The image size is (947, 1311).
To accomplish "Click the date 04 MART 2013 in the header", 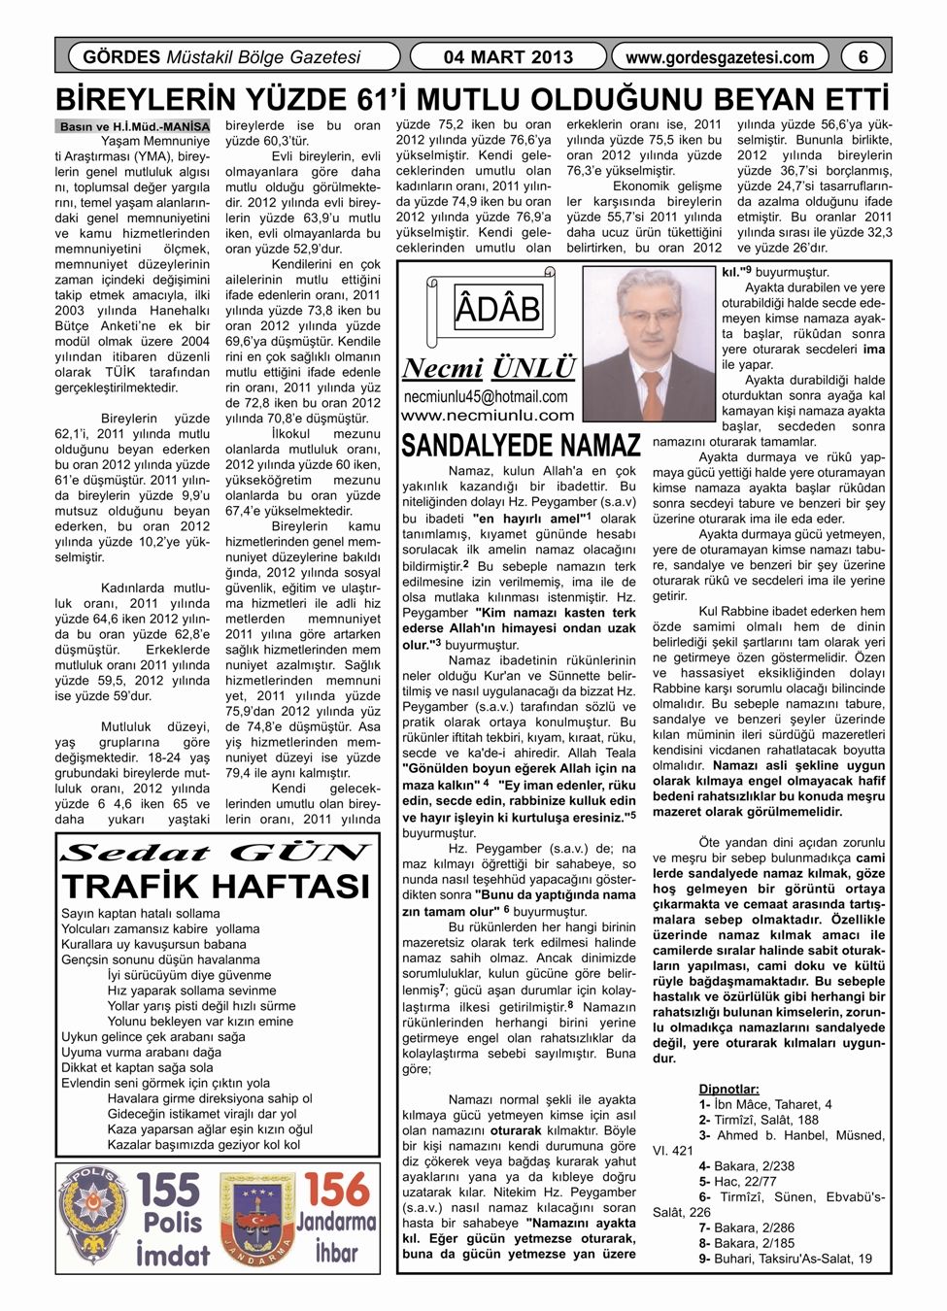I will [508, 57].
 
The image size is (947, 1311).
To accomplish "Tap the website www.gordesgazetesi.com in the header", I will [720, 57].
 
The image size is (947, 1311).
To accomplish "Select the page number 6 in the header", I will [862, 57].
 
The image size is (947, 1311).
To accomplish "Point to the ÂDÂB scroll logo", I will [493, 309].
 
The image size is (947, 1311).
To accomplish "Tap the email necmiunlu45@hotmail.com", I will [486, 396].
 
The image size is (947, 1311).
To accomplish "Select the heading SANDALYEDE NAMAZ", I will [521, 446].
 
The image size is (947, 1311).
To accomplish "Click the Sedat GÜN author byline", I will [216, 854].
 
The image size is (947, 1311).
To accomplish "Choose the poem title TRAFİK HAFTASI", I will [216, 886].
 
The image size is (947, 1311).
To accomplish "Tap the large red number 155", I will [169, 1191].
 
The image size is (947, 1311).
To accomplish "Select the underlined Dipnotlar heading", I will [728, 1089].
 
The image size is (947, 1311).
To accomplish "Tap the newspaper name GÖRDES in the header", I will [120, 57].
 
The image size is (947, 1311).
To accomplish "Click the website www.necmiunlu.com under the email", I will [488, 416].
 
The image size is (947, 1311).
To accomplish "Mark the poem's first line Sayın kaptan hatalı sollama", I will [141, 913].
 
